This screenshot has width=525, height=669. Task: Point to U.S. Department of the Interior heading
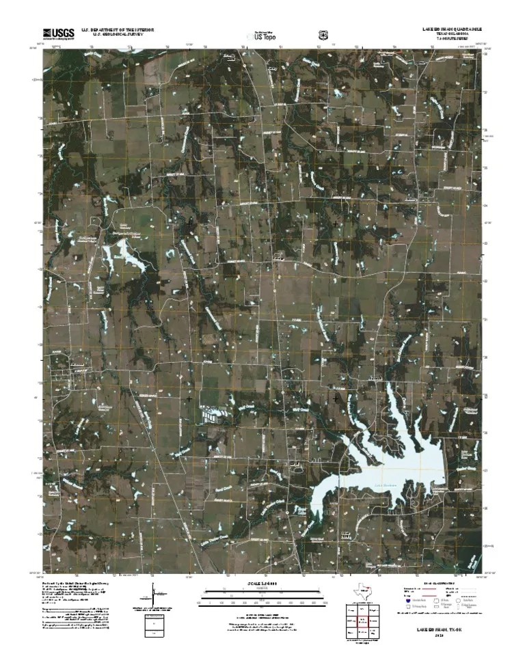118,30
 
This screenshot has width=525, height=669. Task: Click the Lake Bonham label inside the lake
386,486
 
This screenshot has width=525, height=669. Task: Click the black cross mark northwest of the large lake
336,397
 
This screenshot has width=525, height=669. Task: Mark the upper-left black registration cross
189,223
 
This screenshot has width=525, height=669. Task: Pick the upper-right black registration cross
336,223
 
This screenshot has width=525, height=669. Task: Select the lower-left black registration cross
189,398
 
